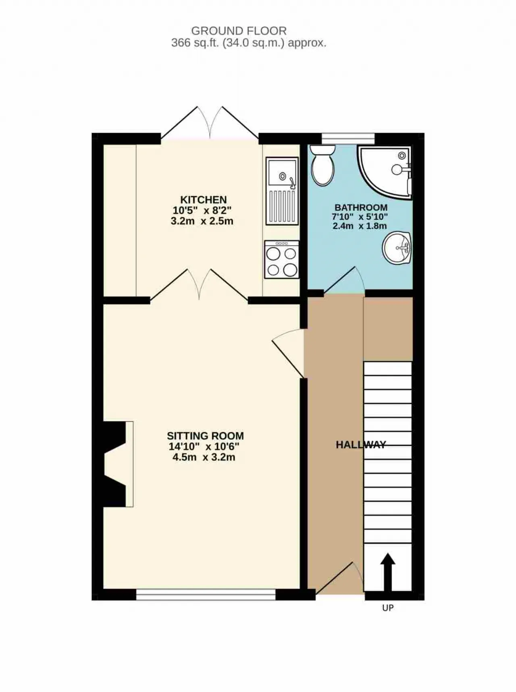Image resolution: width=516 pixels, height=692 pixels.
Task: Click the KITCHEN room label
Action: pyautogui.click(x=203, y=199)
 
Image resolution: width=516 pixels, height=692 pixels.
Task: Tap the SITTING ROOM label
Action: pyautogui.click(x=205, y=436)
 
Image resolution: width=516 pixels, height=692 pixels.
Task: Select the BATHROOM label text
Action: pyautogui.click(x=361, y=207)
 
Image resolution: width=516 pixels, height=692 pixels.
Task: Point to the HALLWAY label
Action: pyautogui.click(x=361, y=445)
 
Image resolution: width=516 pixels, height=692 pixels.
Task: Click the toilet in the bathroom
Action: pyautogui.click(x=323, y=166)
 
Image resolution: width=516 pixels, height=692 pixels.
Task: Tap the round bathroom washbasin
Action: pyautogui.click(x=397, y=248)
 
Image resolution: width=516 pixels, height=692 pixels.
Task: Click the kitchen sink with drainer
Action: pyautogui.click(x=282, y=191)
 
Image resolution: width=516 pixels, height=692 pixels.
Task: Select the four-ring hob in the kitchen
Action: pyautogui.click(x=282, y=259)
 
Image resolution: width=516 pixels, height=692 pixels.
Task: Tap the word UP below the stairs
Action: pyautogui.click(x=388, y=608)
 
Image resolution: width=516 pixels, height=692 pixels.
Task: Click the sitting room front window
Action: pyautogui.click(x=206, y=595)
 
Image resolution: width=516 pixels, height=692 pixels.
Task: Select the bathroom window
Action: pyautogui.click(x=348, y=138)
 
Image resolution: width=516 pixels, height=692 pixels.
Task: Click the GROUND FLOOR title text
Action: pyautogui.click(x=239, y=31)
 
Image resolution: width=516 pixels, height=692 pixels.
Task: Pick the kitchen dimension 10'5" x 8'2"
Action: pyautogui.click(x=202, y=210)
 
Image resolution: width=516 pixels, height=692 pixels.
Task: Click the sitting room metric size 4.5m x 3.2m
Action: pyautogui.click(x=204, y=457)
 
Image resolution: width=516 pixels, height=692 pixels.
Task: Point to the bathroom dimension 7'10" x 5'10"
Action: pyautogui.click(x=360, y=217)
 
